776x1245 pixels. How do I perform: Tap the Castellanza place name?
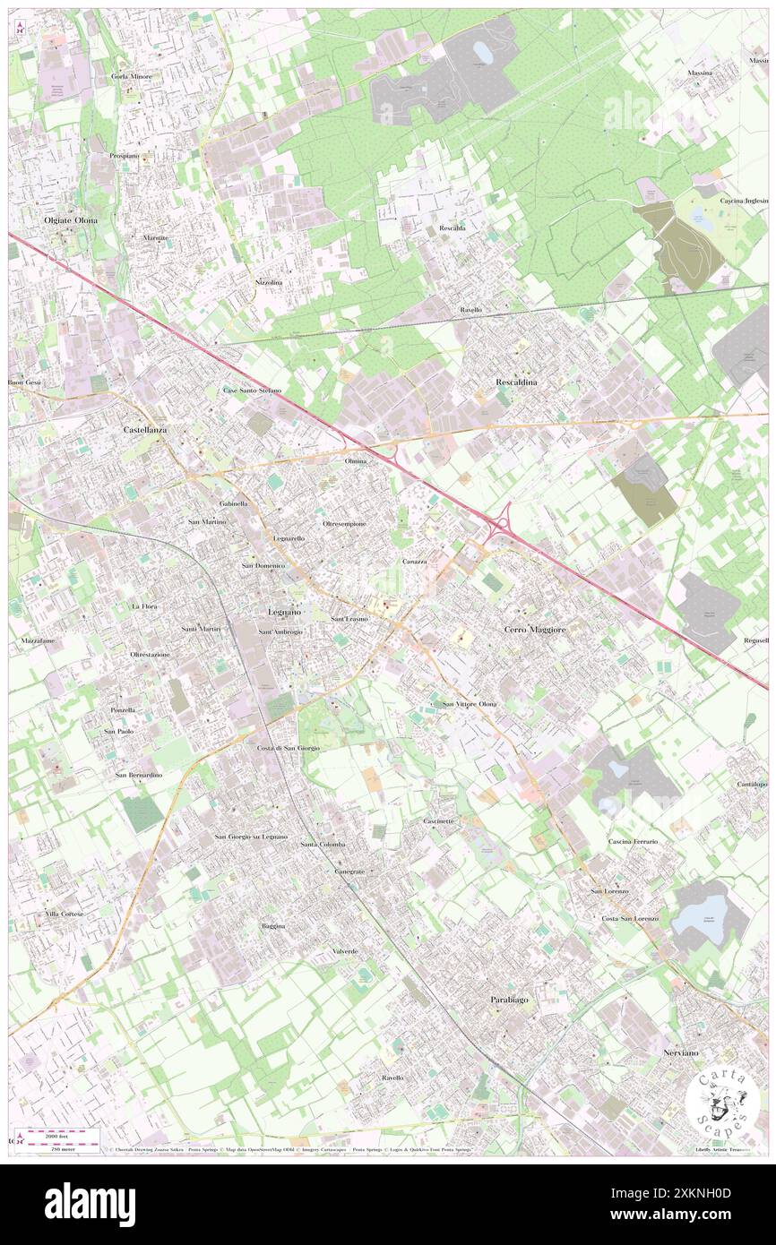tap(145, 430)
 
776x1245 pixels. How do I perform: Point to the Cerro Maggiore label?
tap(535, 630)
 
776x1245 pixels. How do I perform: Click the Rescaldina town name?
tap(522, 382)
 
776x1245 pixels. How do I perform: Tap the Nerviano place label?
tap(681, 1052)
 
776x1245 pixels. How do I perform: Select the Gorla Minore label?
tap(132, 77)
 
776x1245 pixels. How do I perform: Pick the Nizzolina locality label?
tap(268, 282)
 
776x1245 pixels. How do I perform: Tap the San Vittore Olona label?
tap(470, 705)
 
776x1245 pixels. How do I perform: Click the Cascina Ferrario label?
tap(633, 842)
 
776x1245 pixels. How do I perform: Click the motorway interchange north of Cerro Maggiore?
tap(504, 522)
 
